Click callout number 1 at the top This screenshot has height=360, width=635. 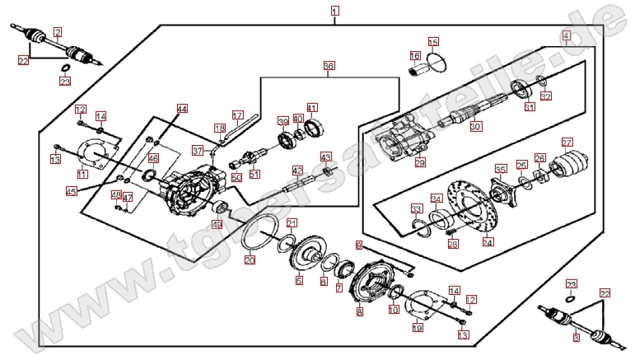coord(334,11)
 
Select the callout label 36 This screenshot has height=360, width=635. coord(329,65)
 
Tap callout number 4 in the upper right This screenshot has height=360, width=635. coord(566,35)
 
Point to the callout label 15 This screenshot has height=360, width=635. coord(433,42)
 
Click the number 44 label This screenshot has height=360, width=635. coord(182,109)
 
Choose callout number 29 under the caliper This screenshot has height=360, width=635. coord(420,162)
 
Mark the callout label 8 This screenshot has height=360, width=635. coord(359,312)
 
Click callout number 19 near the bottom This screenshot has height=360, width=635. coord(418,328)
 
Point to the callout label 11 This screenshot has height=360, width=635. coord(82,174)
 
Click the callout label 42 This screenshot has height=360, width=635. coord(298,171)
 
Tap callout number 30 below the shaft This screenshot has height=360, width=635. coord(475,126)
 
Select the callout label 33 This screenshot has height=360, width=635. coord(417,208)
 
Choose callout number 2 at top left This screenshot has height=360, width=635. coord(58,32)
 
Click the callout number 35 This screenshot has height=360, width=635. coord(500,169)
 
